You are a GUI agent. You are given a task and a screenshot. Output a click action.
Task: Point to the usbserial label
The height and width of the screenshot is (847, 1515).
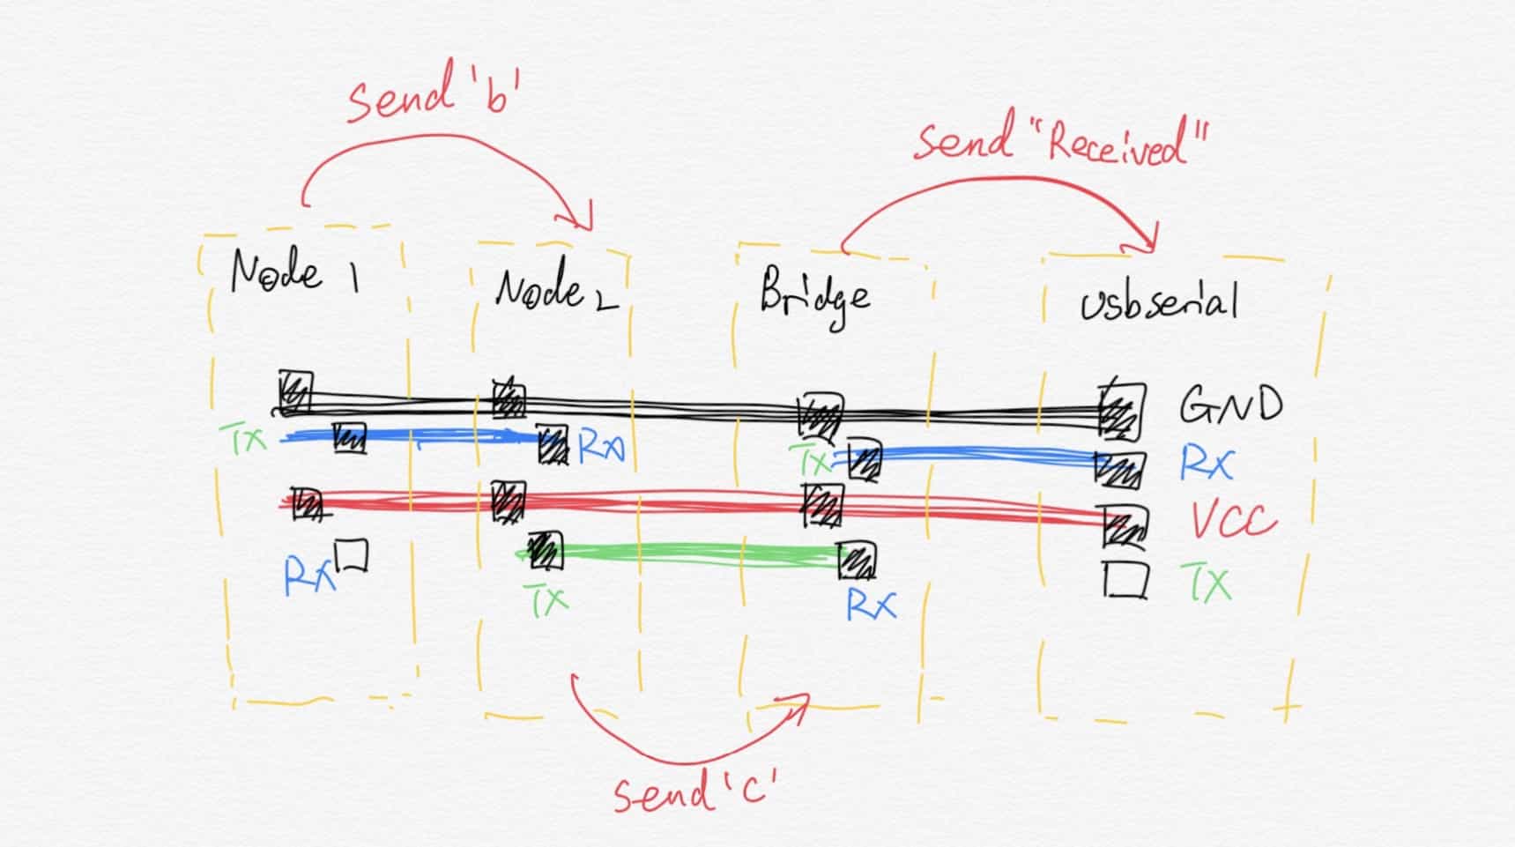pos(1159,303)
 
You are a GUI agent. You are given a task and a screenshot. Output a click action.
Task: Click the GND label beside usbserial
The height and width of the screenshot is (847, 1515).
pos(1230,406)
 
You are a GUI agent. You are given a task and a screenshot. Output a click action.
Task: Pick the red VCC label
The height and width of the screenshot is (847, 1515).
pos(1233,521)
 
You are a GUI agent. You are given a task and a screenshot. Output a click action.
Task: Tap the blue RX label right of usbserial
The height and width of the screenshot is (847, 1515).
pos(1207,463)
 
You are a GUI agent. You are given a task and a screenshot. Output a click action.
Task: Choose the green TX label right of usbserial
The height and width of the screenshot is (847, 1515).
pos(1207,583)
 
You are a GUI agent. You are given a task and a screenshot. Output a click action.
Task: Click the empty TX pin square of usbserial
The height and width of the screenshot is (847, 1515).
pos(1125,580)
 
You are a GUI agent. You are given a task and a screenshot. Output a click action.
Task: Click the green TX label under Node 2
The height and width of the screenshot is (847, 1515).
pos(548,600)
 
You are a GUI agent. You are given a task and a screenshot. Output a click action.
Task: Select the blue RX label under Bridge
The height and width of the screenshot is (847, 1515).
pos(870,604)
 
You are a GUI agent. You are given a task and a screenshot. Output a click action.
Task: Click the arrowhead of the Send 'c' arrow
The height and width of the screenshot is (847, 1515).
pos(798,702)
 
